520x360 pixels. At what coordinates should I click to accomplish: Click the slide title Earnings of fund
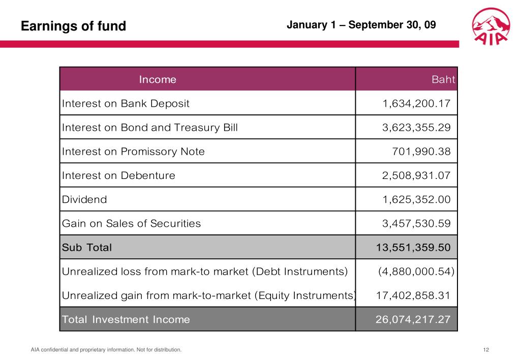point(73,26)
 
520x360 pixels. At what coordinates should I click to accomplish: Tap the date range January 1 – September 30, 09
point(361,24)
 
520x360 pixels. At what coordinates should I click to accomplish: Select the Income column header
point(158,79)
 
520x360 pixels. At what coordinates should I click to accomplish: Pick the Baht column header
point(443,79)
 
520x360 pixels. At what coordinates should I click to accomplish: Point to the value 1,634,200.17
point(416,104)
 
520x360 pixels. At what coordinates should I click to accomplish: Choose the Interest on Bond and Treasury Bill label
point(149,128)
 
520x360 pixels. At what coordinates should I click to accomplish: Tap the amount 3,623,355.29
point(416,128)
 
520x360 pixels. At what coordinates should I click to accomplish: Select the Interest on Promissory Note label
point(133,152)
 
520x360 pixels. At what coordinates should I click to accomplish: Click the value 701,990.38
point(421,152)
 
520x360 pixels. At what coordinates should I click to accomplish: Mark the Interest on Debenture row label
point(118,175)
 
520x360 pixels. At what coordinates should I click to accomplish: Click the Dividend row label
point(84,199)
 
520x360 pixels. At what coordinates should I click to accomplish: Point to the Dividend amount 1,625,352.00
point(416,199)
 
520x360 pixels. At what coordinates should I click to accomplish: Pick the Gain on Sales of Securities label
point(131,223)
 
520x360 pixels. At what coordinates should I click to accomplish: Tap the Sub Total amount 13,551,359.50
point(413,248)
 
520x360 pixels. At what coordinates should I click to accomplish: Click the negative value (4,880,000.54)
point(416,272)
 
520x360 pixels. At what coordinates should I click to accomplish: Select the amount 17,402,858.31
point(413,295)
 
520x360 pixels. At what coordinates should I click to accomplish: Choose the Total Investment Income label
point(126,319)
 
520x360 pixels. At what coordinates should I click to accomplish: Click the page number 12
point(486,349)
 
